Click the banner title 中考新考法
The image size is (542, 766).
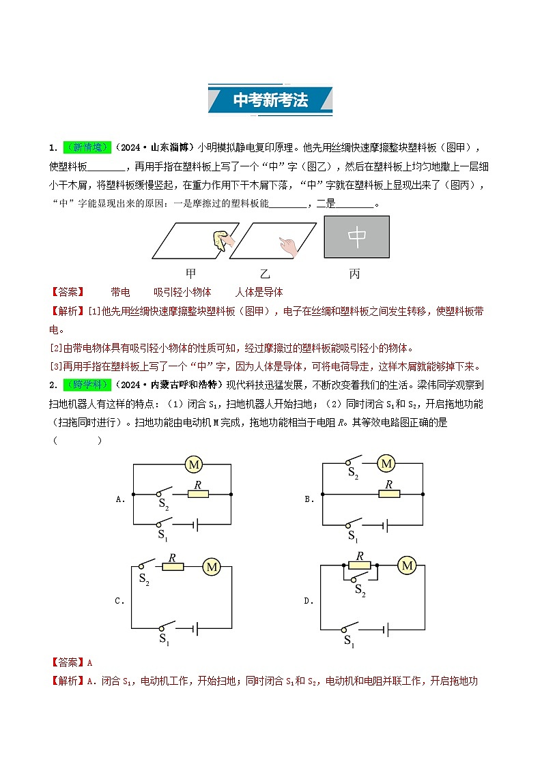coord(270,100)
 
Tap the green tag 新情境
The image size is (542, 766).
coord(87,147)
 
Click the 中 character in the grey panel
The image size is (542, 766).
coord(357,237)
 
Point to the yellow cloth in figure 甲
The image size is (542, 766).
coord(220,237)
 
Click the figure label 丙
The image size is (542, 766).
coord(354,274)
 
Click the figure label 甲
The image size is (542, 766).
coord(191,274)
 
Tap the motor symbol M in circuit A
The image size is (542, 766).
coord(195,465)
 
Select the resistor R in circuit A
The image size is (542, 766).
coord(198,493)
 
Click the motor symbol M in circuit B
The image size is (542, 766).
coord(387,464)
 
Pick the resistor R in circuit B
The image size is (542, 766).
coord(388,492)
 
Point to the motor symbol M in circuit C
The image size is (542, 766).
coord(212,566)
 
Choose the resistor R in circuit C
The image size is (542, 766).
coord(173,566)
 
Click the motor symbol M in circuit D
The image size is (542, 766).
coord(408,565)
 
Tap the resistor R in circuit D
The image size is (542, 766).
coord(360,565)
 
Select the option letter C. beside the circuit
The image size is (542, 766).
coord(119,602)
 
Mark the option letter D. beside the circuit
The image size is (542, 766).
coord(309,602)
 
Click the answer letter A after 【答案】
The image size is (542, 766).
coord(89,662)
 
